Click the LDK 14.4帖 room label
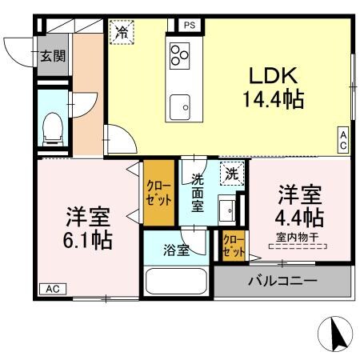[x=273, y=89]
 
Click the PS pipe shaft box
[x=190, y=25]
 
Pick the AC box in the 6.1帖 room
[x=52, y=289]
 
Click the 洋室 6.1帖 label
[x=87, y=228]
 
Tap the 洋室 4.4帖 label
[x=300, y=206]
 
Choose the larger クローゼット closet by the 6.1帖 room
[x=158, y=194]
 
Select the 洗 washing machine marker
[x=231, y=173]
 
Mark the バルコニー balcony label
[x=282, y=281]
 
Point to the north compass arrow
[x=337, y=332]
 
